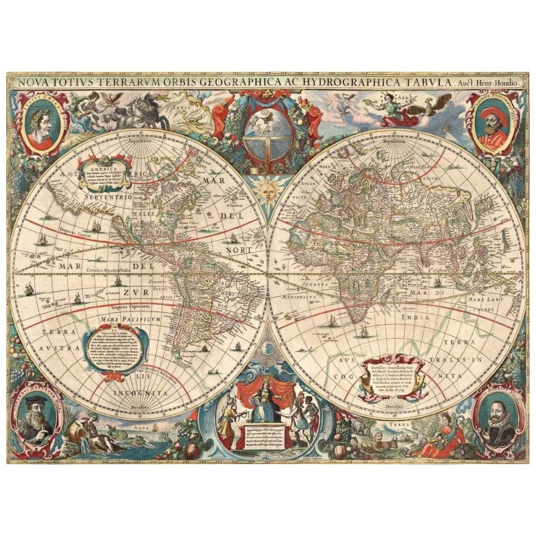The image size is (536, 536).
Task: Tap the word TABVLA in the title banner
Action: (x=426, y=83)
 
